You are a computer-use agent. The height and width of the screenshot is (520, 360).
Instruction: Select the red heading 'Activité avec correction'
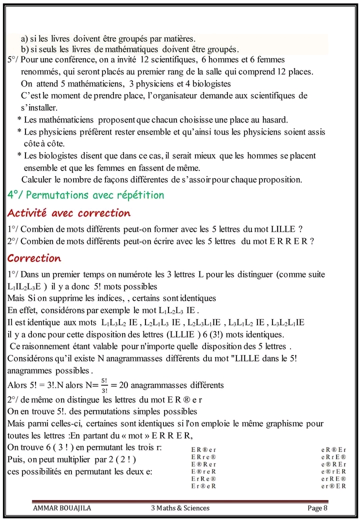(x=68, y=213)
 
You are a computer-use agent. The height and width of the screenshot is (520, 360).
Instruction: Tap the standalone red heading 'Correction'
(x=34, y=258)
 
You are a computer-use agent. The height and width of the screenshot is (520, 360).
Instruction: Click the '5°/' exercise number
(x=13, y=59)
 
